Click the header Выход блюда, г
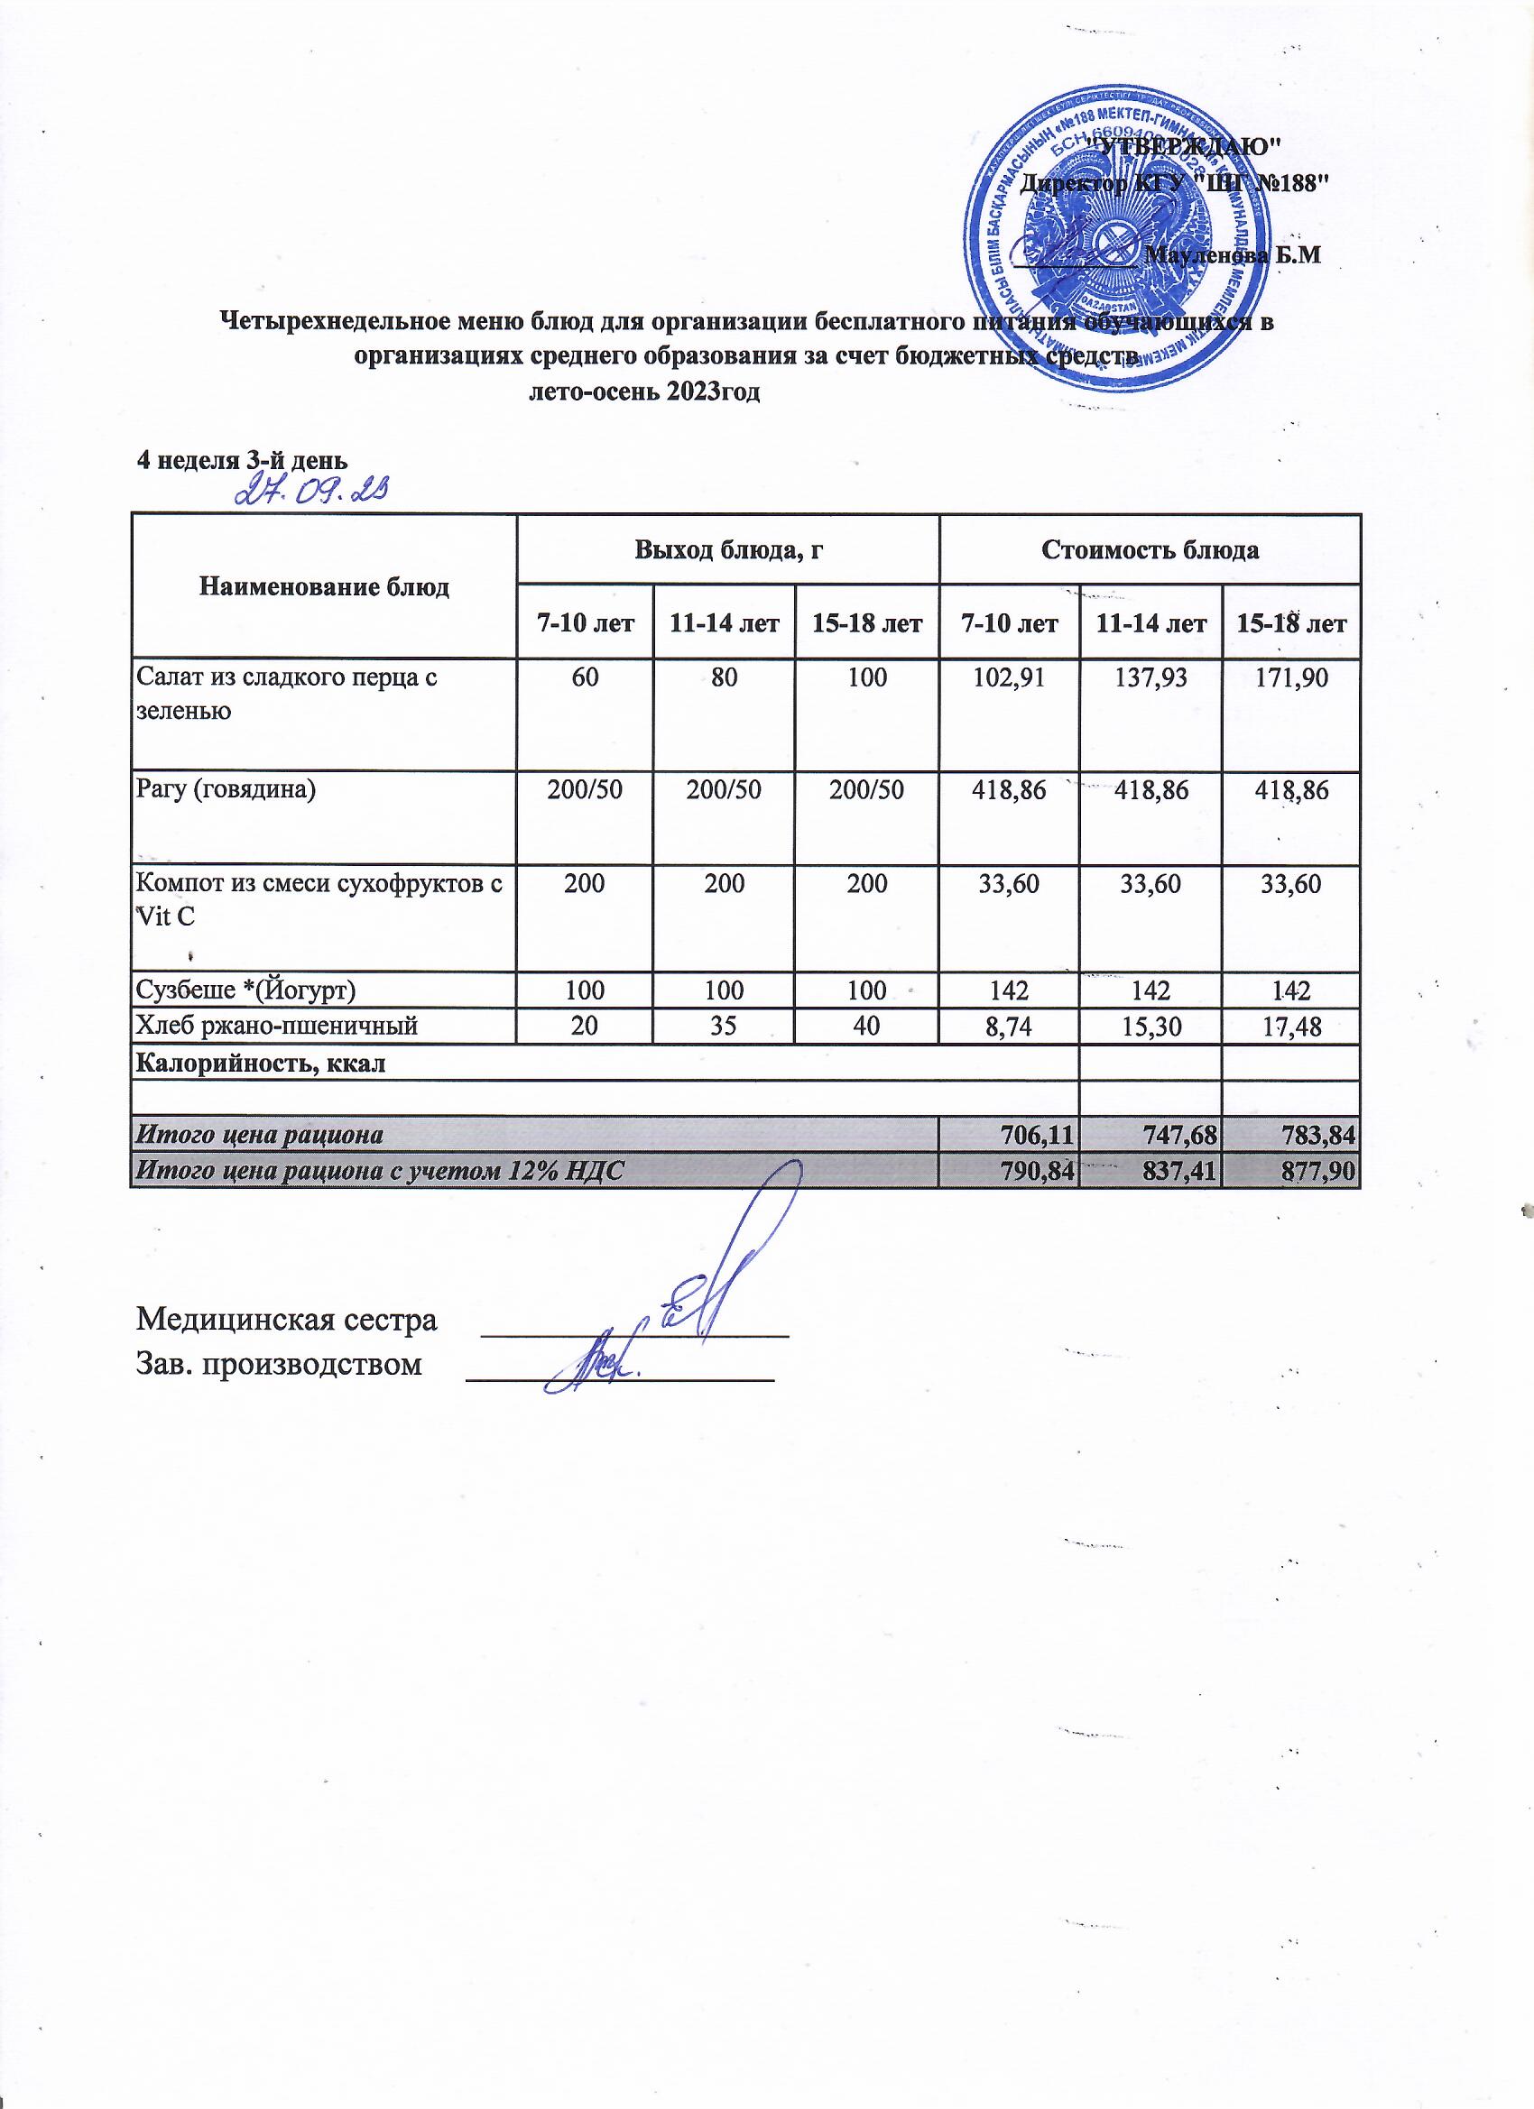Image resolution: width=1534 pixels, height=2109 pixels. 728,549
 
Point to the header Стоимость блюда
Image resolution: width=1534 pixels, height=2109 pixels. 1150,549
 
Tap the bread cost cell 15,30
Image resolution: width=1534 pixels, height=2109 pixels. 1150,1026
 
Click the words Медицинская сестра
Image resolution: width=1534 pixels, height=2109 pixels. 287,1320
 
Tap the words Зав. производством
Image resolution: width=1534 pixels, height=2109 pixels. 279,1364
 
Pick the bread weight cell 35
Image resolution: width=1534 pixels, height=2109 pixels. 725,1026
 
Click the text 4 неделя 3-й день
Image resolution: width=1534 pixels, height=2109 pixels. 243,460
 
